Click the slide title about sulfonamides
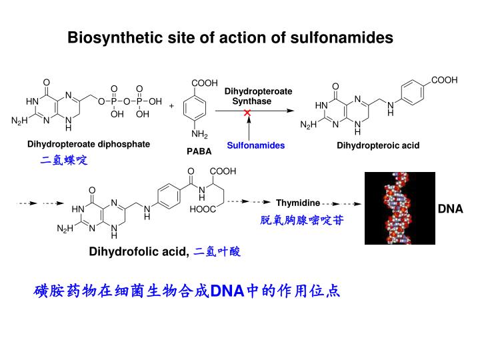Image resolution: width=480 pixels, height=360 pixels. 231,39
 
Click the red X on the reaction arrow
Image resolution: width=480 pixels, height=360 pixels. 247,114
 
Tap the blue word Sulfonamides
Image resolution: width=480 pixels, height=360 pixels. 255,145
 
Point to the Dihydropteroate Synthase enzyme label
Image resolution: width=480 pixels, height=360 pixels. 257,96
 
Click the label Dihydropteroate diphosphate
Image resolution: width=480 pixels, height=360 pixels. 89,144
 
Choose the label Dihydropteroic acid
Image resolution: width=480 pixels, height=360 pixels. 378,145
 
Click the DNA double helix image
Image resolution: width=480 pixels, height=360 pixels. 399,208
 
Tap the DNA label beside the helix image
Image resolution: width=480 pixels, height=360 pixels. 450,209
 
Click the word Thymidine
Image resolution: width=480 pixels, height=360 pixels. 298,203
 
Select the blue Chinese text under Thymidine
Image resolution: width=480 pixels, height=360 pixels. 302,220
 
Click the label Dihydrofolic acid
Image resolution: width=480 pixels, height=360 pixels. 139,251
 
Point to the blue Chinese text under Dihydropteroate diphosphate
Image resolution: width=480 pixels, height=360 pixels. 64,161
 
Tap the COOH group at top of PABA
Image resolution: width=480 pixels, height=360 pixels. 204,83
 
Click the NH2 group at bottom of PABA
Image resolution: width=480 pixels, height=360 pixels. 200,135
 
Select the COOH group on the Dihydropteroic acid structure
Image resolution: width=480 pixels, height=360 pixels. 443,80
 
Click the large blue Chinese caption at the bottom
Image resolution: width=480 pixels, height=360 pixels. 187,291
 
